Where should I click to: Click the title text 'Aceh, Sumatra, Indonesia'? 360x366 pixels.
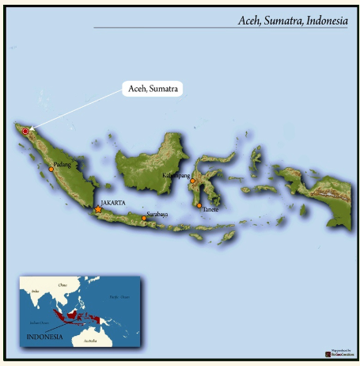point(293,21)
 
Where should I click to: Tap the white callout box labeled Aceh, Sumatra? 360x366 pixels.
point(153,89)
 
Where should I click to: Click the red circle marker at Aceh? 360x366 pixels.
point(25,131)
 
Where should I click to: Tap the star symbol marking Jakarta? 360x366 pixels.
point(98,209)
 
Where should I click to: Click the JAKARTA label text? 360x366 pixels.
point(113,203)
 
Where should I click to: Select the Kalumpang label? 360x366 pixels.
point(176,174)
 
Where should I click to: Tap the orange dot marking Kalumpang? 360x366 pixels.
point(191,181)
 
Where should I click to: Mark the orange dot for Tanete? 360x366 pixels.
point(199,205)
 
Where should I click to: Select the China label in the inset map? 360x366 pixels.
point(63,284)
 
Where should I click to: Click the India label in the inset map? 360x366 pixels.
point(34,292)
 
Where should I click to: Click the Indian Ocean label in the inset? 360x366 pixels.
point(37,322)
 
